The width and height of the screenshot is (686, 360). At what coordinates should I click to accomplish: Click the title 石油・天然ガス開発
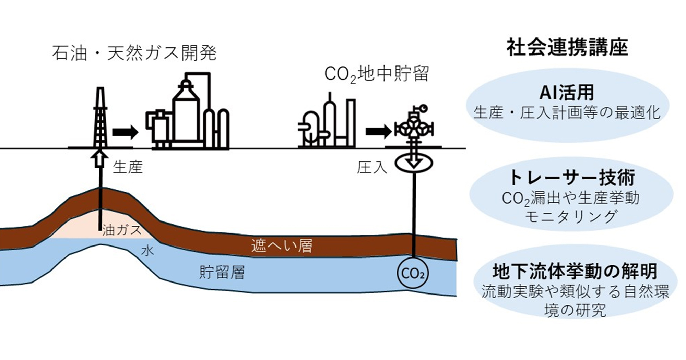point(134,53)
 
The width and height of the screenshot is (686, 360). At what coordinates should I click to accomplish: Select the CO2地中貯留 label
point(377,74)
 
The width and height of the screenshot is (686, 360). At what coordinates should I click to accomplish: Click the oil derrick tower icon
point(100,118)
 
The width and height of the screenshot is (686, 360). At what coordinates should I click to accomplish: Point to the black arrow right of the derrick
point(125,132)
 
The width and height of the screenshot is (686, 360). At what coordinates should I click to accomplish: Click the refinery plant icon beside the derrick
point(188,113)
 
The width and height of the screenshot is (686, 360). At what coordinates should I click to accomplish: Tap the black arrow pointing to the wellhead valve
point(378,132)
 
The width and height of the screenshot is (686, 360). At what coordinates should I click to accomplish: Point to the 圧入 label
point(372,168)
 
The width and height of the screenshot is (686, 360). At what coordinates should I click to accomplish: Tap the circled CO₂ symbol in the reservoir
point(413,274)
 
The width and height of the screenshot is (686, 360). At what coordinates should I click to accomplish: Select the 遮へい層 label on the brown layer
point(282,246)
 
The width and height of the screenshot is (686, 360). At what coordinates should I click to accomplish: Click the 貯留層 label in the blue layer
point(222,273)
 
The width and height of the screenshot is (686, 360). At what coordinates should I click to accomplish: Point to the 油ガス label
point(122,230)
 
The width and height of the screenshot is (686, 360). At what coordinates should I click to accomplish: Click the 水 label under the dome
point(147,251)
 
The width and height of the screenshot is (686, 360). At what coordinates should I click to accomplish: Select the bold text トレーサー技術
point(571,178)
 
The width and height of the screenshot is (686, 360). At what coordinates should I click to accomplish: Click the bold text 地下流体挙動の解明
point(575,271)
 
